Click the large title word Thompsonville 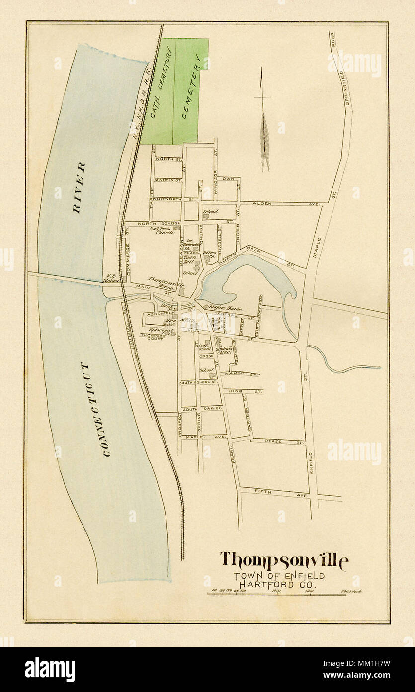[x=284, y=561]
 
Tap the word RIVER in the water [x=79, y=187]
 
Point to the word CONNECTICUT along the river [x=97, y=410]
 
